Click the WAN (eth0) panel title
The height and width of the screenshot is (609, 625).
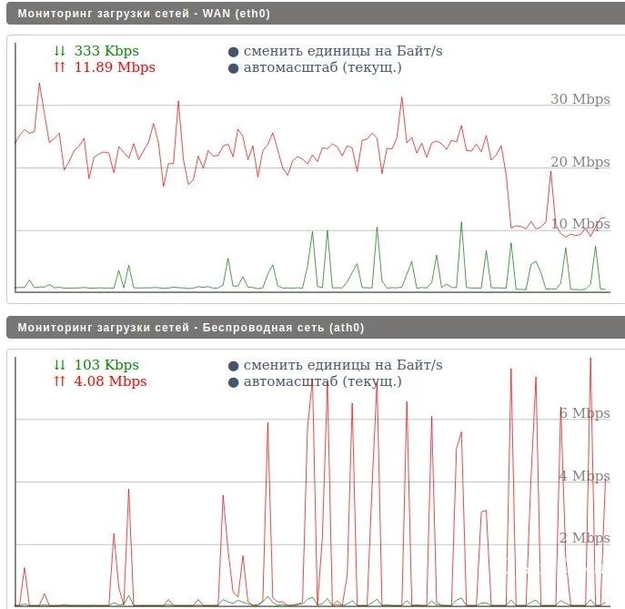(144, 14)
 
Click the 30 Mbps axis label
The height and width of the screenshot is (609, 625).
(580, 99)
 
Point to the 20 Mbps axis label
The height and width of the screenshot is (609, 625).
(580, 162)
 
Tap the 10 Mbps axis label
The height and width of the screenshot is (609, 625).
(580, 224)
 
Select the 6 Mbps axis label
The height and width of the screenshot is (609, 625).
(584, 413)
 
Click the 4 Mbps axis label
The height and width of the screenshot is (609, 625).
(584, 476)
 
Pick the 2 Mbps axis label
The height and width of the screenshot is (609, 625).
(584, 538)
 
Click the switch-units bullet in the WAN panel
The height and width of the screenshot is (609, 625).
(234, 52)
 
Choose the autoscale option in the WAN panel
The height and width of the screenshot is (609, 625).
(322, 67)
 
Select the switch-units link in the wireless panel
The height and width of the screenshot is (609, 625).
(343, 365)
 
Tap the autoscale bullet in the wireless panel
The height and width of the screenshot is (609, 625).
(234, 382)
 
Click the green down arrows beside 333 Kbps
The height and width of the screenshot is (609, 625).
(60, 51)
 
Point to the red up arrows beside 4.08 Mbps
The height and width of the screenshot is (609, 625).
(60, 381)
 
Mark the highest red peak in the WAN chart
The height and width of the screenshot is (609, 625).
(39, 84)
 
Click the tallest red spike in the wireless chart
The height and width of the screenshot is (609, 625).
(590, 359)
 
